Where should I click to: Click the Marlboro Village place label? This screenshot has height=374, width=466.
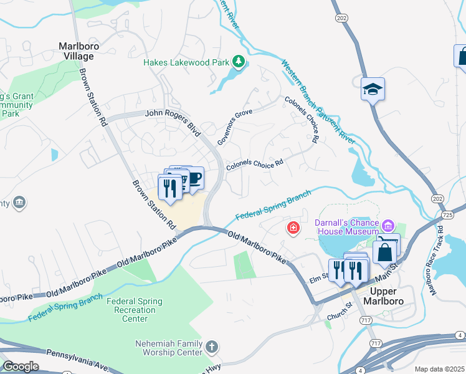(x=76, y=50)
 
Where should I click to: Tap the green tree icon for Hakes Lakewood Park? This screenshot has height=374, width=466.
(x=237, y=62)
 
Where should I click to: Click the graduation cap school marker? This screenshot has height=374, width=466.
(x=373, y=89)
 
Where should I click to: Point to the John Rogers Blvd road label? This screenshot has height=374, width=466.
(x=173, y=121)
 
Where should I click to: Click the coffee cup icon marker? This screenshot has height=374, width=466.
(x=194, y=178)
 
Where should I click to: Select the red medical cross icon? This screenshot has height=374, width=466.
(x=292, y=229)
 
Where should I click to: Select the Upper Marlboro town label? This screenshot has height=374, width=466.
(x=391, y=296)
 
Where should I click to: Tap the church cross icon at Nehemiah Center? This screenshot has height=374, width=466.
(x=211, y=347)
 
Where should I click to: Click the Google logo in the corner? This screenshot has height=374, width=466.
(x=21, y=367)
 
